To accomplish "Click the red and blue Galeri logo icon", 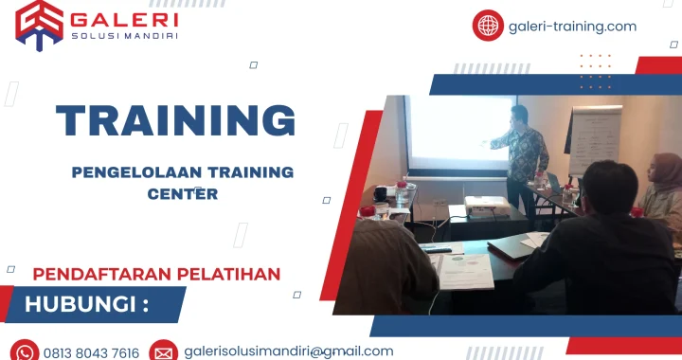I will [x=39, y=24].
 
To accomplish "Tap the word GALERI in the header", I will [x=124, y=19].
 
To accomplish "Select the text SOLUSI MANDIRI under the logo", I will [x=124, y=37].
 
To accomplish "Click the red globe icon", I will [x=488, y=26].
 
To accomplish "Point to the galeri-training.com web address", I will [x=573, y=27].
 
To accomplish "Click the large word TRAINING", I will [x=175, y=120].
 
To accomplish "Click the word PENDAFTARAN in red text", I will [x=92, y=275].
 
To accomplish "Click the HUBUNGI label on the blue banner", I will [x=86, y=305].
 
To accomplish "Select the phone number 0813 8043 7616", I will [x=92, y=352].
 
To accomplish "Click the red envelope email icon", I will [x=163, y=351].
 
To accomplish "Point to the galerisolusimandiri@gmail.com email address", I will [x=289, y=351].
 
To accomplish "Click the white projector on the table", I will [x=486, y=204].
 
